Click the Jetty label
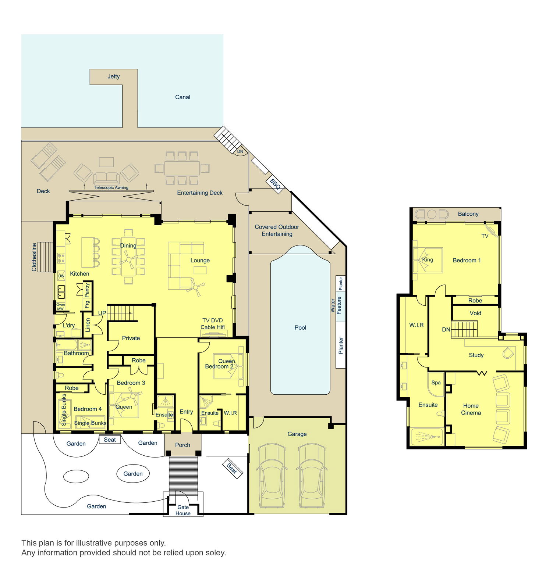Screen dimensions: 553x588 [x=113, y=76]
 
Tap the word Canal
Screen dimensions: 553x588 [x=182, y=97]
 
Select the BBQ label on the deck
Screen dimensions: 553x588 [x=275, y=184]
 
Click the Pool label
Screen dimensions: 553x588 [x=300, y=327]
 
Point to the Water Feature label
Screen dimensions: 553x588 [x=336, y=305]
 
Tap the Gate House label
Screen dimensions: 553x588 [x=183, y=510]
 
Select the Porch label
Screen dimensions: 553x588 [x=182, y=445]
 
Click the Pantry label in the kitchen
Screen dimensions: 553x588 [x=87, y=290]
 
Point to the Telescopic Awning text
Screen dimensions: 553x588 [x=111, y=187]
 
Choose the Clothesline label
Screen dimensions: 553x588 [x=34, y=257]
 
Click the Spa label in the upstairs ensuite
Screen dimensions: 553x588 [x=436, y=383]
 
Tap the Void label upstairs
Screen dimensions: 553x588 [x=475, y=313]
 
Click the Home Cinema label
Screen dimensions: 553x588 [x=471, y=409]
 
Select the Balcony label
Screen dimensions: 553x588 [x=468, y=214]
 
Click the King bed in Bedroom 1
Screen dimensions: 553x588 [x=428, y=260]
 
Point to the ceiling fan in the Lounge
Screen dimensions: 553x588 [x=195, y=286]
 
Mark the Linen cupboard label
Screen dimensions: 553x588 [x=88, y=325]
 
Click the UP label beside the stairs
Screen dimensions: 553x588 [x=102, y=313]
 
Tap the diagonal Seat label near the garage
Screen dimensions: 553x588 [x=232, y=468]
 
